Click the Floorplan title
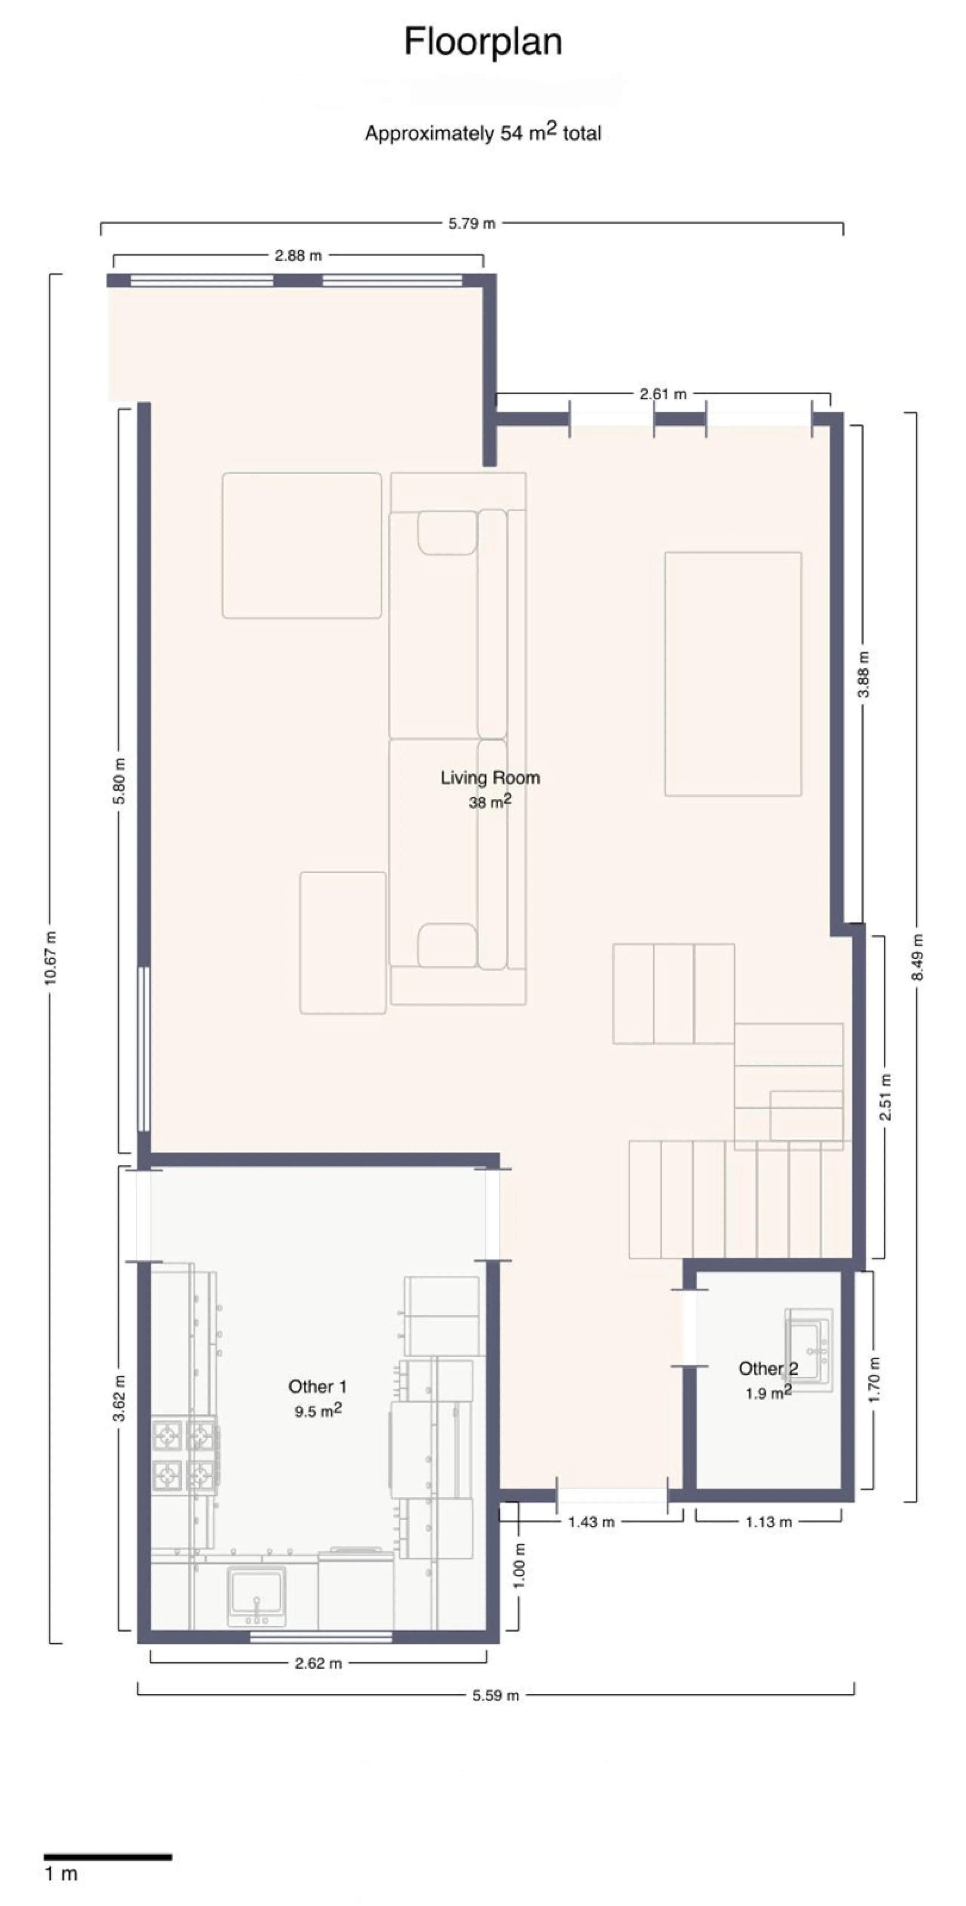coord(483,42)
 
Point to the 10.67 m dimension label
coord(50,958)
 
